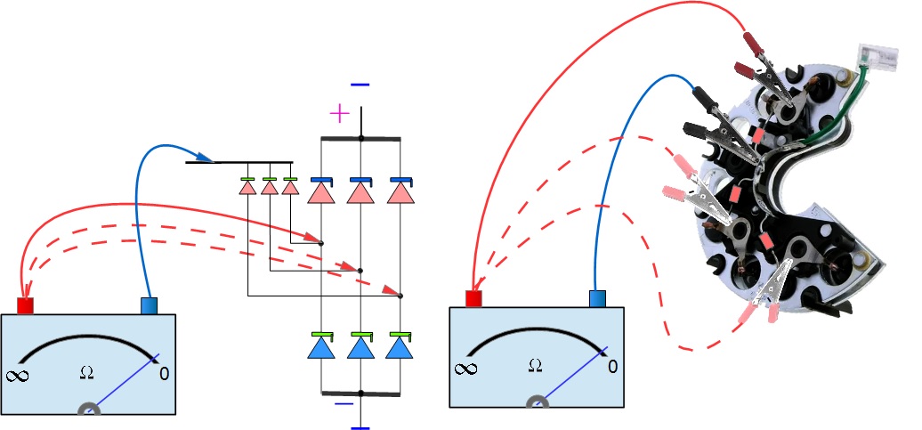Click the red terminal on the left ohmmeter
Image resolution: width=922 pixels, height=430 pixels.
tap(25, 305)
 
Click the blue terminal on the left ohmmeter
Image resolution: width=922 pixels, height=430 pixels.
tap(150, 305)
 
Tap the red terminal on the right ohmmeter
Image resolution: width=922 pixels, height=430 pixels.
tap(473, 298)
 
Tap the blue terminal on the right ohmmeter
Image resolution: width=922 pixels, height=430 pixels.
tap(598, 298)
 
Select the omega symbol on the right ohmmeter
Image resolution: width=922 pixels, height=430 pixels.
tap(535, 365)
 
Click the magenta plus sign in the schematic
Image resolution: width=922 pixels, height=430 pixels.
tap(339, 113)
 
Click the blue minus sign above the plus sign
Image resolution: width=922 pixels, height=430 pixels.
tap(360, 85)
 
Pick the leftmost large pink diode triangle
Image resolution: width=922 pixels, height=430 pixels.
tap(321, 192)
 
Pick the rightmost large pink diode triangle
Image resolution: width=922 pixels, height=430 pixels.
tap(400, 192)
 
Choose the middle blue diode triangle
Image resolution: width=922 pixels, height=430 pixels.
tap(360, 347)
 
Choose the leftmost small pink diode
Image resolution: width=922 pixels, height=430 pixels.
tap(249, 189)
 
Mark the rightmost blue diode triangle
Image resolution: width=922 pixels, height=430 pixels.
tap(400, 347)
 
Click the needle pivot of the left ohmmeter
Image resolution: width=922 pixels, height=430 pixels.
tap(89, 411)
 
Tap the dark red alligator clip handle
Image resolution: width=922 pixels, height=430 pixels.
tap(751, 40)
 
